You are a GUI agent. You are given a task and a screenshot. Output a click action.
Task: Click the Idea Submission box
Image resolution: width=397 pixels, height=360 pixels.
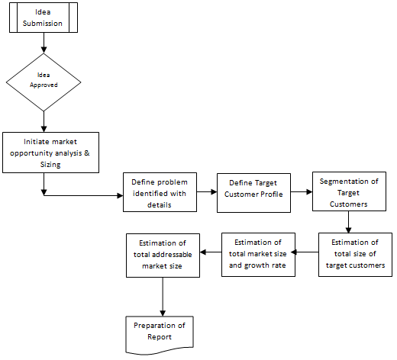(44, 18)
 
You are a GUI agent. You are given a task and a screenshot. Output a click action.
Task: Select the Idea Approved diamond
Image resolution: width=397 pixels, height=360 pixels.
(44, 82)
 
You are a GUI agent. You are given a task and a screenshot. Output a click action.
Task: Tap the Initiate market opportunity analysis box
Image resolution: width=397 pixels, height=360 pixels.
(50, 153)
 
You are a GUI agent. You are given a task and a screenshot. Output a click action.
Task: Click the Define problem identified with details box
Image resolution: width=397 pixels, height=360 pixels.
(160, 192)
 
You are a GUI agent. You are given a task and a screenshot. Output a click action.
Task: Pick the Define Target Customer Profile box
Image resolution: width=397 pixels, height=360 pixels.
(253, 193)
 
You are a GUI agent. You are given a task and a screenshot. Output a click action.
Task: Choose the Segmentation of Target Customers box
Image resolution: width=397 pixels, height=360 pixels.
(349, 191)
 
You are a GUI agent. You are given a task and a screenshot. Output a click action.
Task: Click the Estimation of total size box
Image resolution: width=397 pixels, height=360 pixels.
(355, 255)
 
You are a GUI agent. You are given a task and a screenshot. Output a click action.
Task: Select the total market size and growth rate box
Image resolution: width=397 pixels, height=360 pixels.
(258, 255)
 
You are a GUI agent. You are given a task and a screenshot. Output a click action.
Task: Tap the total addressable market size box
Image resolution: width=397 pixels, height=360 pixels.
(163, 256)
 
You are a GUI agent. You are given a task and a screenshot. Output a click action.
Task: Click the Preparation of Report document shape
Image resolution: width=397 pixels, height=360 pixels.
(160, 335)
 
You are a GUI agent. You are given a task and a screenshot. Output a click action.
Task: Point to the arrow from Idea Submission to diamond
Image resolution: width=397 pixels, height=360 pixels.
(44, 43)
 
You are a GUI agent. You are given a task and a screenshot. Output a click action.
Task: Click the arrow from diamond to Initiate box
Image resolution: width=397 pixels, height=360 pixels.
(44, 121)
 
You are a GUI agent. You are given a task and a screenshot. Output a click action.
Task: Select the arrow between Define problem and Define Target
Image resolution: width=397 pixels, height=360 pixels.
(207, 192)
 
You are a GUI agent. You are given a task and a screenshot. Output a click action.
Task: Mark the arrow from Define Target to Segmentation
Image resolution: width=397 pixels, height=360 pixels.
(302, 192)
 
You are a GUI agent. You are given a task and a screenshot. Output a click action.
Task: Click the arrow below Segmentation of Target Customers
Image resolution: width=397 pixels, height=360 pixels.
(348, 222)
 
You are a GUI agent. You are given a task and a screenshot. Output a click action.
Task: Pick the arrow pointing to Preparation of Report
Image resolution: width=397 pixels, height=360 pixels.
(163, 297)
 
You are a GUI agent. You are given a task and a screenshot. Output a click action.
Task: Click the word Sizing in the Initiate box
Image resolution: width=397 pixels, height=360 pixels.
(50, 165)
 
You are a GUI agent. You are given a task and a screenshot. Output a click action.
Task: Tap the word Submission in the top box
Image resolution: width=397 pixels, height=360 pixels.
(43, 24)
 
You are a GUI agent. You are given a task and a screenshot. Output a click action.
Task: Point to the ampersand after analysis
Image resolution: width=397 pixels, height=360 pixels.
(87, 153)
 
